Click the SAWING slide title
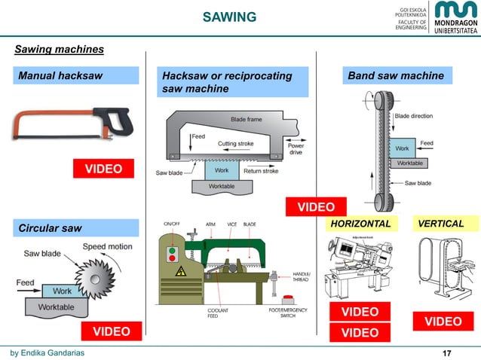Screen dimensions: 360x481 [230, 17]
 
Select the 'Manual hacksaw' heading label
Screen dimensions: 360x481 [75, 75]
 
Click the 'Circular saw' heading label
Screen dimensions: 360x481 [75, 227]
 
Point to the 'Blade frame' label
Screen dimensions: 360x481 [246, 119]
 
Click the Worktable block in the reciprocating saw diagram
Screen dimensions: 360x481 [221, 185]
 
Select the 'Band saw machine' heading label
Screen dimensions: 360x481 [395, 75]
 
